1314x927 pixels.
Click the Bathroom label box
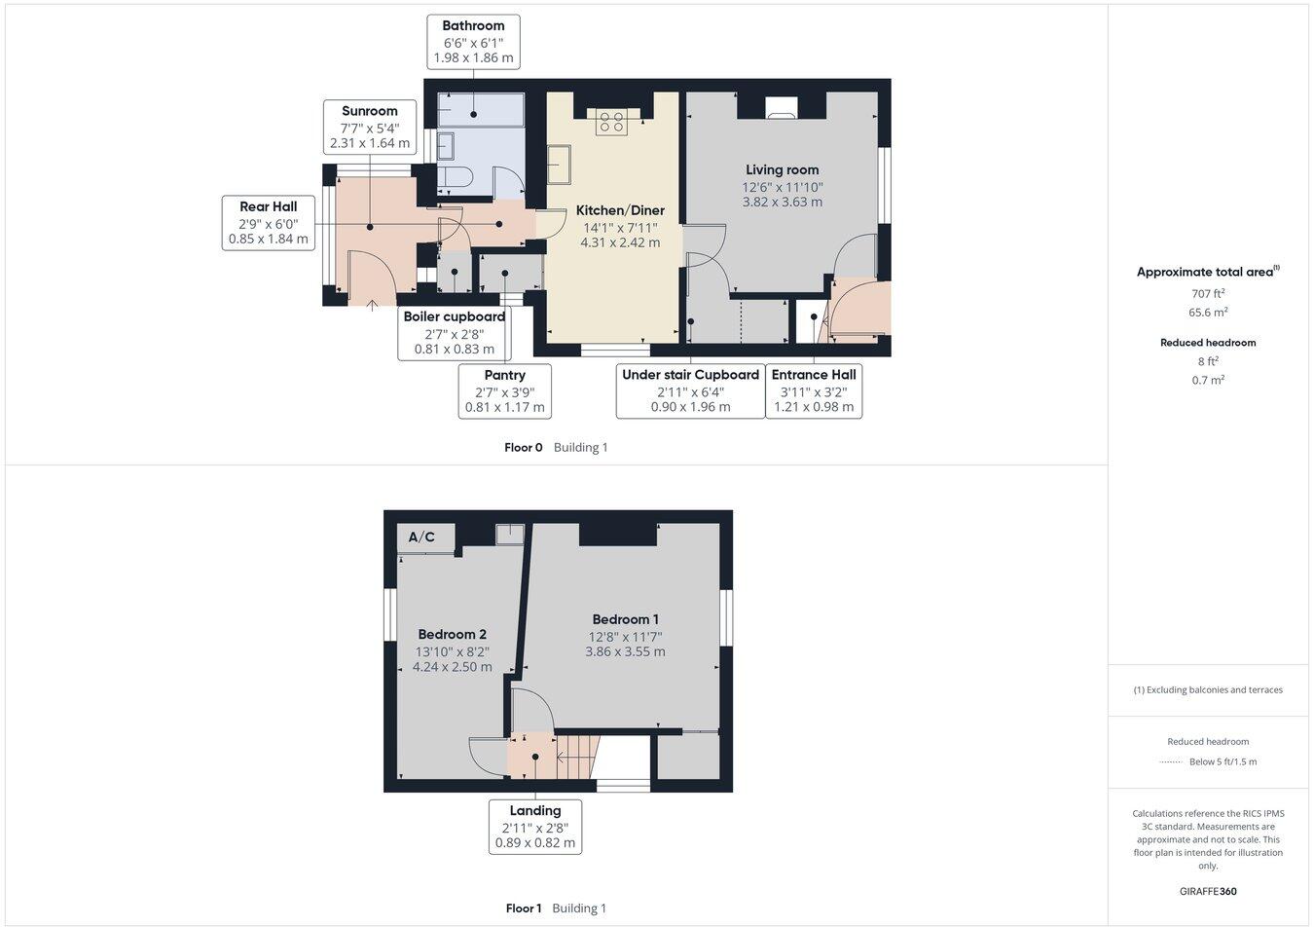(x=473, y=42)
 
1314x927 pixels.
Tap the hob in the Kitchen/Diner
(x=611, y=121)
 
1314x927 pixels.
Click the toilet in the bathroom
(x=455, y=176)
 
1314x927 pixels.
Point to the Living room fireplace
(x=781, y=107)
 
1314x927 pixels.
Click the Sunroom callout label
(x=369, y=127)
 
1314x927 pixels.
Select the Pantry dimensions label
(x=504, y=391)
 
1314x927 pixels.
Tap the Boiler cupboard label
(x=454, y=333)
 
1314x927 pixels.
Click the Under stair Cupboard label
(x=690, y=390)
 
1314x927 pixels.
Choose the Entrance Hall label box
(x=814, y=390)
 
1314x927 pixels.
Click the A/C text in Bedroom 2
(x=421, y=538)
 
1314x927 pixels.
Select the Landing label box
(x=534, y=827)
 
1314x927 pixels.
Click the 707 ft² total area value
(x=1207, y=293)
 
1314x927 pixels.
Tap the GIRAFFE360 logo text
(x=1207, y=891)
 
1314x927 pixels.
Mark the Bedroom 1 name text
(x=625, y=619)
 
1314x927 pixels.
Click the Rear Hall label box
(x=269, y=222)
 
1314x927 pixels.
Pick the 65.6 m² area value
(x=1207, y=313)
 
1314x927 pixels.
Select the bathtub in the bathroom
(x=481, y=110)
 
